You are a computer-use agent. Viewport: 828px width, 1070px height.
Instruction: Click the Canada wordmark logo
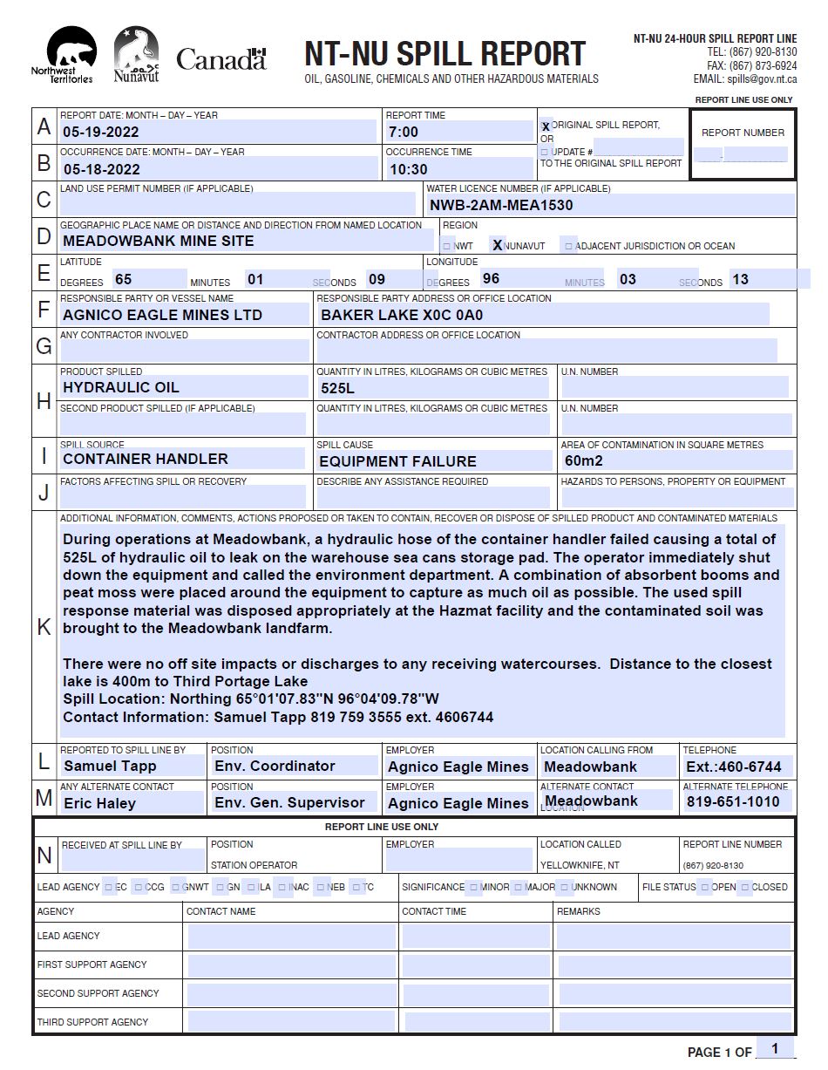(221, 59)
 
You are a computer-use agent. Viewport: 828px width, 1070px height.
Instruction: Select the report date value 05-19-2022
(101, 133)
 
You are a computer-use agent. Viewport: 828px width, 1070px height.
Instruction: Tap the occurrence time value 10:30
(408, 169)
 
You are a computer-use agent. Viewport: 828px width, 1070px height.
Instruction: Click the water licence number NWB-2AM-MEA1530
(501, 206)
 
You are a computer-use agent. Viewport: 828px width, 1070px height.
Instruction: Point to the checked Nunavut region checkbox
(498, 246)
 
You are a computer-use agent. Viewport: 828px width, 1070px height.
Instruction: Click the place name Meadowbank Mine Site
(159, 241)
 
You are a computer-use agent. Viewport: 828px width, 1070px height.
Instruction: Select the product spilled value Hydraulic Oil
(121, 387)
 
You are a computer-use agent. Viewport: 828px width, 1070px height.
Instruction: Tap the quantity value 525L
(338, 388)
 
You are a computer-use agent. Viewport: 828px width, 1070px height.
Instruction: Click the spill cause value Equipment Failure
(397, 461)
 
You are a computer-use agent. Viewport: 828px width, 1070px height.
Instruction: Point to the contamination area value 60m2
(584, 460)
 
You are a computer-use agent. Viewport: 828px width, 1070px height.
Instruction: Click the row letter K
(44, 627)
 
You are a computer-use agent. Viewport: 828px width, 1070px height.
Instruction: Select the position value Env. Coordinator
(275, 766)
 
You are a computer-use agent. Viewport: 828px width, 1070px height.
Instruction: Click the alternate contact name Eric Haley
(99, 803)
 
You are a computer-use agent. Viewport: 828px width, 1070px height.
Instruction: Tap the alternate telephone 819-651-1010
(733, 801)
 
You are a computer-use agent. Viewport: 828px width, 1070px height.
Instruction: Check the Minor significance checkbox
(474, 888)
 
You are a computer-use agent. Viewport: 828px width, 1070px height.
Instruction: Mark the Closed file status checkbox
(745, 888)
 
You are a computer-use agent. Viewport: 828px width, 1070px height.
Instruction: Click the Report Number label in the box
(743, 133)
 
